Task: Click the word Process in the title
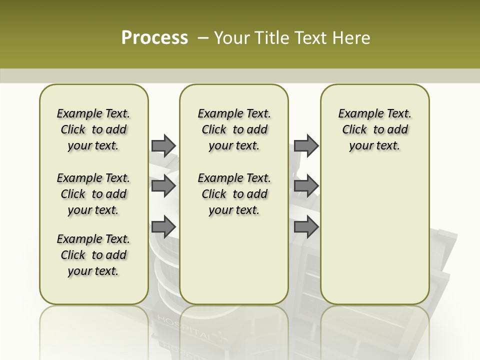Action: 154,38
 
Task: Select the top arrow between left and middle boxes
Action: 163,145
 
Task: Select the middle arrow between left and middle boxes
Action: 163,186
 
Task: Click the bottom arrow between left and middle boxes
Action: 163,226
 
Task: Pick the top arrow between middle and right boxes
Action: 306,145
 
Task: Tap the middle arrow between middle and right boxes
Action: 306,186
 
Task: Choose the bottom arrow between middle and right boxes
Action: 306,226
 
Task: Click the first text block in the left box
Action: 93,129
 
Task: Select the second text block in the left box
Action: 93,194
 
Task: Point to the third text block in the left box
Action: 93,255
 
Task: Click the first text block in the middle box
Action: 234,129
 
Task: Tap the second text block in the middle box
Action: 234,194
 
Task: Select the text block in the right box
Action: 374,129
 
